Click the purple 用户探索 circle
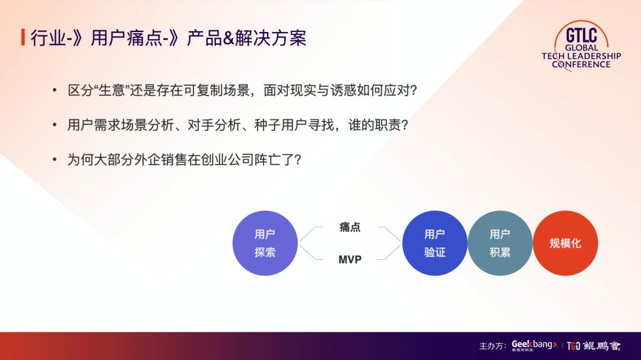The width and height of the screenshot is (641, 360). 265,243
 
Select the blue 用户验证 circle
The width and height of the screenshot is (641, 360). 434,243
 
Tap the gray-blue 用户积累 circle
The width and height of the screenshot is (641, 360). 500,243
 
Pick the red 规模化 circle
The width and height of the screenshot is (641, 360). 565,243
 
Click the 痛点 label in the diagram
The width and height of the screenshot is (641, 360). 350,227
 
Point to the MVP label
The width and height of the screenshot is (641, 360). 350,260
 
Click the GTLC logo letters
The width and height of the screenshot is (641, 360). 581,34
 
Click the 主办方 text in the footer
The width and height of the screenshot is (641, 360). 492,346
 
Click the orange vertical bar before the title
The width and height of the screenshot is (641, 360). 23,37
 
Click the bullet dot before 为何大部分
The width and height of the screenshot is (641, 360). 55,160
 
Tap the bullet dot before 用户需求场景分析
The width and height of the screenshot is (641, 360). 55,125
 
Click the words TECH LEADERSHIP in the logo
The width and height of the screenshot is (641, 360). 581,56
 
